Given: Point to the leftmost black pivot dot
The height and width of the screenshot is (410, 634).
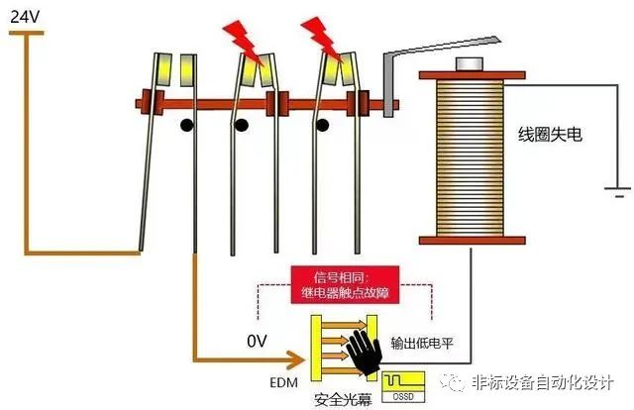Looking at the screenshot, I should point(184,127).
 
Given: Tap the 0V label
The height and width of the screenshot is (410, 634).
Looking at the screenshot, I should point(258,342).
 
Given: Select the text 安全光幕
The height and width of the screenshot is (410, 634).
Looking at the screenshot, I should point(343,399).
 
